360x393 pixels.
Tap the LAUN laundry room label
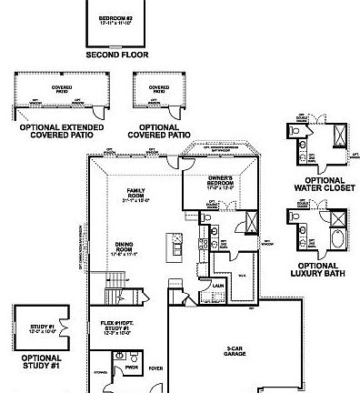[218, 285]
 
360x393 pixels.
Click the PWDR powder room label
[133, 370]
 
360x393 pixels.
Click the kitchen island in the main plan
[170, 247]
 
